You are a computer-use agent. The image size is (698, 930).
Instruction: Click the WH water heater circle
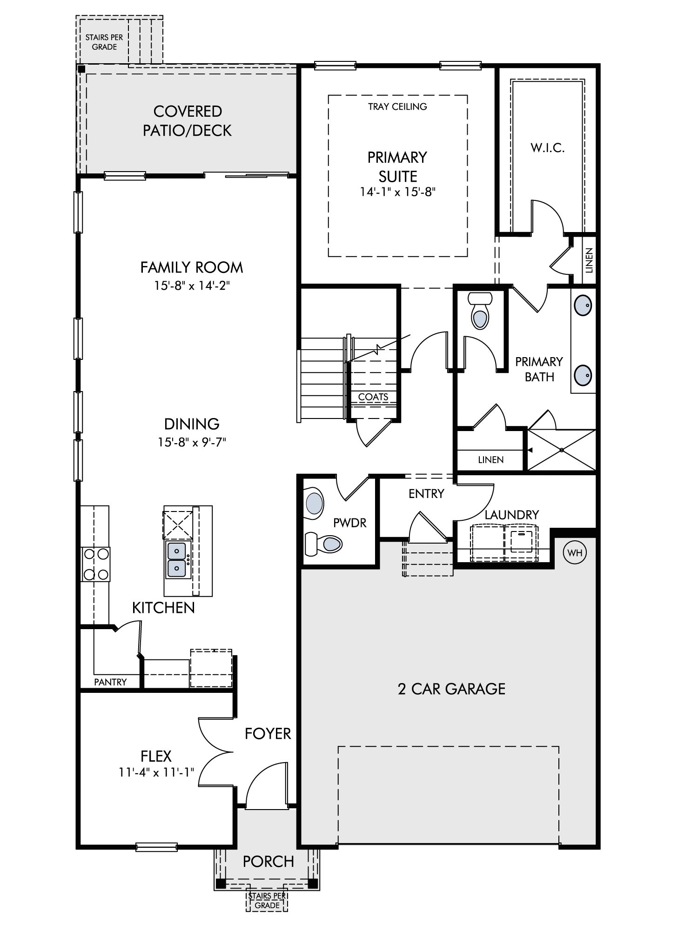point(575,553)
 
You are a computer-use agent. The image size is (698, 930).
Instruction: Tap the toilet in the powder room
point(324,543)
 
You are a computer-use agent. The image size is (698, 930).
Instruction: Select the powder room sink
point(314,504)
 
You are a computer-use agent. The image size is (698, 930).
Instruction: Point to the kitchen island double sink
point(177,559)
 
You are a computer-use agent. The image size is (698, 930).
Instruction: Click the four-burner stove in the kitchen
point(95,564)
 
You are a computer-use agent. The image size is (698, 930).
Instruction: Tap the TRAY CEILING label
point(397,106)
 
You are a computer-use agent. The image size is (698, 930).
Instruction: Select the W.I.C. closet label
point(548,148)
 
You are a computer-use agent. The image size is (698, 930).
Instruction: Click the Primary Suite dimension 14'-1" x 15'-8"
point(398,192)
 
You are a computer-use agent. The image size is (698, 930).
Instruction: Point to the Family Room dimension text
point(192,285)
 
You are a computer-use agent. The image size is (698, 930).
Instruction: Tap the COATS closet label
point(373,397)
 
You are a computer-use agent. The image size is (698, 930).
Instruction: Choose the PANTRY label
point(110,682)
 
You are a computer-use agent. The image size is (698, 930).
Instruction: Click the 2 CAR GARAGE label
point(451,689)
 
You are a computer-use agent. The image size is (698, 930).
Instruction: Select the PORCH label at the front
point(268,861)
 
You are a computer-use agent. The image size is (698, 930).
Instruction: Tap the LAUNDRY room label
point(512,515)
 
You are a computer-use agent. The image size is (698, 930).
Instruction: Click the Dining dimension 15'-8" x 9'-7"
point(192,442)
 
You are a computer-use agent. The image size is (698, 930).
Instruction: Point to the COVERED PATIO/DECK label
point(187,121)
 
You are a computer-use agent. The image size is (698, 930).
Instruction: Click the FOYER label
point(268,733)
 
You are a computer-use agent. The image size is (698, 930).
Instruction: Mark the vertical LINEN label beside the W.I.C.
point(589,260)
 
